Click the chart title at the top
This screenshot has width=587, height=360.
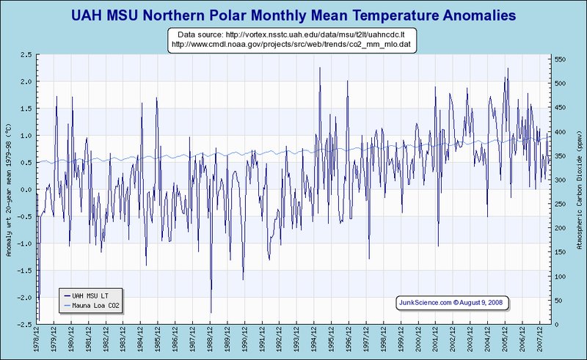pyautogui.click(x=293, y=14)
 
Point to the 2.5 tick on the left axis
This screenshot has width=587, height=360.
pyautogui.click(x=25, y=55)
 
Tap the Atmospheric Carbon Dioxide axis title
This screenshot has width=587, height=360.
pyautogui.click(x=579, y=189)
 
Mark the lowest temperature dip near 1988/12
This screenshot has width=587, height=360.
pyautogui.click(x=211, y=312)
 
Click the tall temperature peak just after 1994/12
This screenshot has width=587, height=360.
pyautogui.click(x=320, y=68)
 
